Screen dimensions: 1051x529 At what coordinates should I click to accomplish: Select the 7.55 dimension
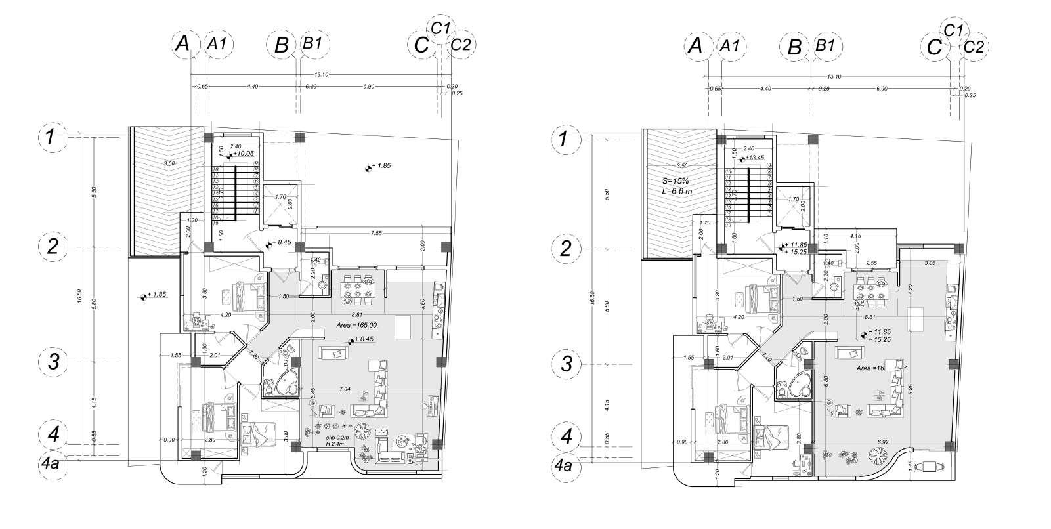pyautogui.click(x=376, y=233)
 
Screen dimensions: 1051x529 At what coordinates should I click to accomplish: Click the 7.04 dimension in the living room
pyautogui.click(x=344, y=389)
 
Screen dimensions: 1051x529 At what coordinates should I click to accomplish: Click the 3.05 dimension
pyautogui.click(x=930, y=263)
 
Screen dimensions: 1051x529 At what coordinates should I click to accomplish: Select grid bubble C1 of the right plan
pyautogui.click(x=953, y=29)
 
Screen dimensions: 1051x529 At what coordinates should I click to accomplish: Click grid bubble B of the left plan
pyautogui.click(x=281, y=45)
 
